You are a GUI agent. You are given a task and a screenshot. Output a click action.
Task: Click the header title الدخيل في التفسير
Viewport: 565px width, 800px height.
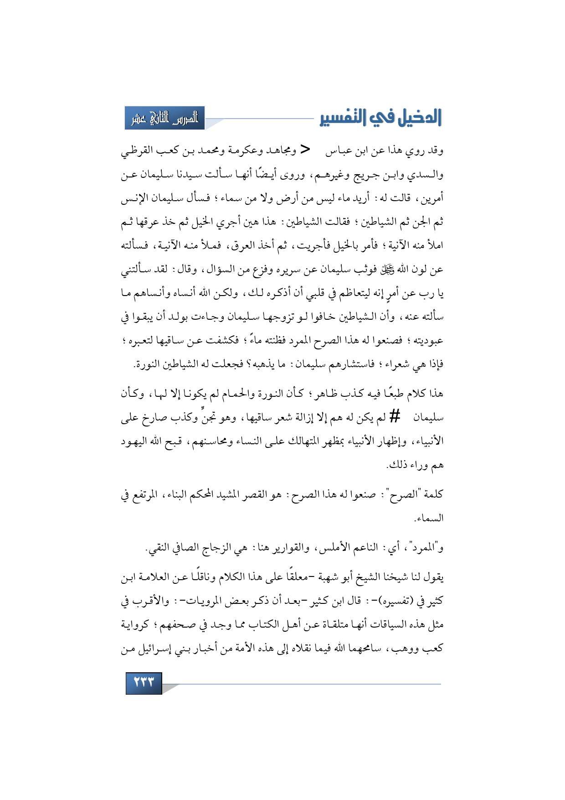pos(380,118)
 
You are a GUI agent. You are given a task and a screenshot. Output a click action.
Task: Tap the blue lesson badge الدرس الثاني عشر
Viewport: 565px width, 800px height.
pos(165,119)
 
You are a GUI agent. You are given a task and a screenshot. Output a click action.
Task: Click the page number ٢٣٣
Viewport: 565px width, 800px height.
pos(144,683)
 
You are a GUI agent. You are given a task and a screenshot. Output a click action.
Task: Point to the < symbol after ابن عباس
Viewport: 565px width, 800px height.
pos(306,150)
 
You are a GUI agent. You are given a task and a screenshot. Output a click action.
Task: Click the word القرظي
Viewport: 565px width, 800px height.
pos(137,151)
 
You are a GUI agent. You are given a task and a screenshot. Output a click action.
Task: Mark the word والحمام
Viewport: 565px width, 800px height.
pos(247,393)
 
